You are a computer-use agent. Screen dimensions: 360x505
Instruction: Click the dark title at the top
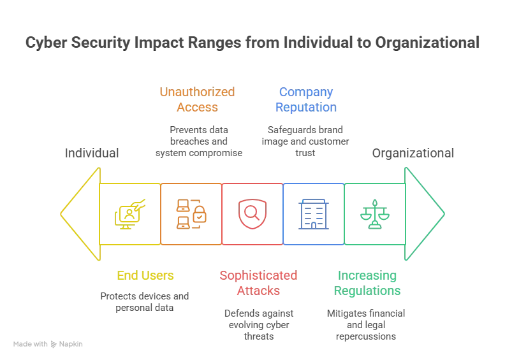pyautogui.click(x=252, y=44)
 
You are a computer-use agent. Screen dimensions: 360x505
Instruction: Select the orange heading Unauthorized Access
pyautogui.click(x=196, y=99)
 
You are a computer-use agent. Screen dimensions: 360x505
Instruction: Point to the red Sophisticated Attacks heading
pyautogui.click(x=258, y=283)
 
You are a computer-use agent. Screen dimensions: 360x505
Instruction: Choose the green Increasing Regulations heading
pyautogui.click(x=368, y=283)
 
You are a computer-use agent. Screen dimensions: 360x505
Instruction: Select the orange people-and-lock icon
pyautogui.click(x=191, y=213)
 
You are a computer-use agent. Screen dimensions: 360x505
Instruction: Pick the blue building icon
pyautogui.click(x=312, y=213)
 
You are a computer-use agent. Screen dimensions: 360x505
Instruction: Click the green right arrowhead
pyautogui.click(x=425, y=213)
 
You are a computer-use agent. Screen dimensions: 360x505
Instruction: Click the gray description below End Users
pyautogui.click(x=143, y=300)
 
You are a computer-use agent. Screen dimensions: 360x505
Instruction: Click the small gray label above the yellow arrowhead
pyautogui.click(x=91, y=154)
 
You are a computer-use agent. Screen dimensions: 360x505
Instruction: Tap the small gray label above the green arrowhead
pyautogui.click(x=413, y=154)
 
